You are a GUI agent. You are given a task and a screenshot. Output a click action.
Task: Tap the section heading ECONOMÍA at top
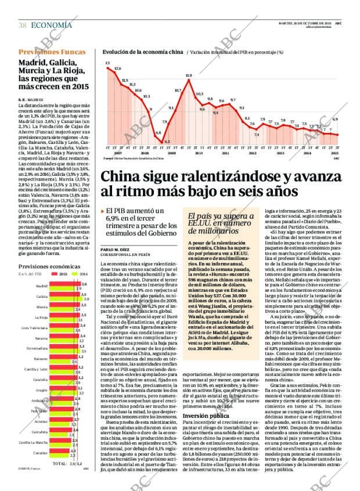tap(51, 25)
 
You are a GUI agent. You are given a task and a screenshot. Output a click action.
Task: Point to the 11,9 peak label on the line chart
tap(189, 75)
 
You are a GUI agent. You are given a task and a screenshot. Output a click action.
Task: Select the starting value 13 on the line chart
tap(107, 62)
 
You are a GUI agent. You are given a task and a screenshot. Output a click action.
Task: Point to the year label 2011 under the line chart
tap(226, 154)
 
